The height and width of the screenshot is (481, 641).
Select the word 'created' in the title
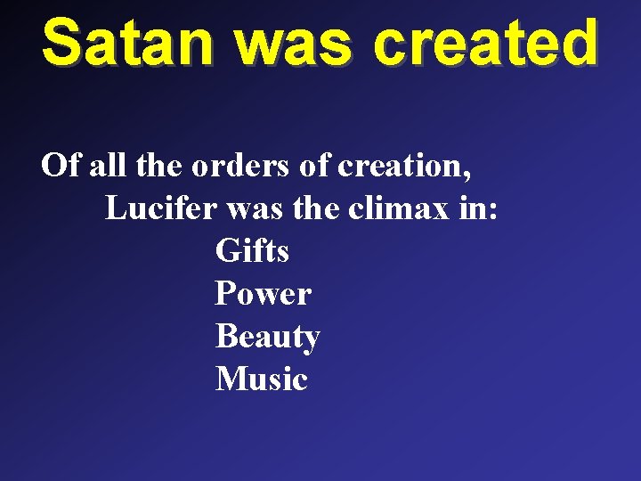485,43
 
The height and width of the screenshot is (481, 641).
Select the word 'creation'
390,167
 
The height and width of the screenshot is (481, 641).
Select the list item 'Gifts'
252,251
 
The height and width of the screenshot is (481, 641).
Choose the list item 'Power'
263,294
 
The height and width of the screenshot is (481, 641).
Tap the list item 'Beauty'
267,338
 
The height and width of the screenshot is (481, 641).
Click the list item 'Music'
261,379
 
